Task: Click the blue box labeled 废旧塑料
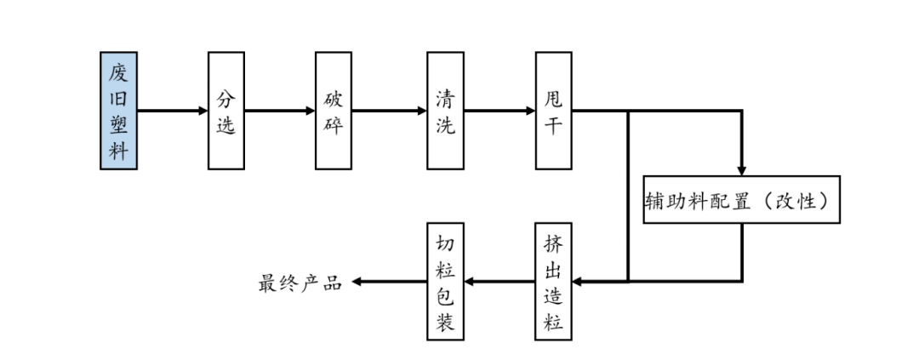[x=118, y=111]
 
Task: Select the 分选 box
[x=225, y=111]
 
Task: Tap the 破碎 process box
[x=333, y=111]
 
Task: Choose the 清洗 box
[x=445, y=111]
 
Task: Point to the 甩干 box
[x=553, y=111]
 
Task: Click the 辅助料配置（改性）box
[x=741, y=200]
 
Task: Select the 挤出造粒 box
[x=553, y=282]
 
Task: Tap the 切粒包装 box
[x=445, y=282]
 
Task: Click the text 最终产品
[x=300, y=283]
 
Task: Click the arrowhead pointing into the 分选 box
[x=203, y=111]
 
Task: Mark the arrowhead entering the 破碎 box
[x=311, y=111]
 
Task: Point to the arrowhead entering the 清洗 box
[x=422, y=111]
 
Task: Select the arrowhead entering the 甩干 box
[x=530, y=111]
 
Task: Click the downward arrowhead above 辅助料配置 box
[x=742, y=170]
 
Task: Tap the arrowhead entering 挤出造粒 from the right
[x=578, y=282]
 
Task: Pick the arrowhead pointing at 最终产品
[x=355, y=282]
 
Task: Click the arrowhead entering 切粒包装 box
[x=469, y=282]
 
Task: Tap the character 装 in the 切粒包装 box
[x=445, y=322]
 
